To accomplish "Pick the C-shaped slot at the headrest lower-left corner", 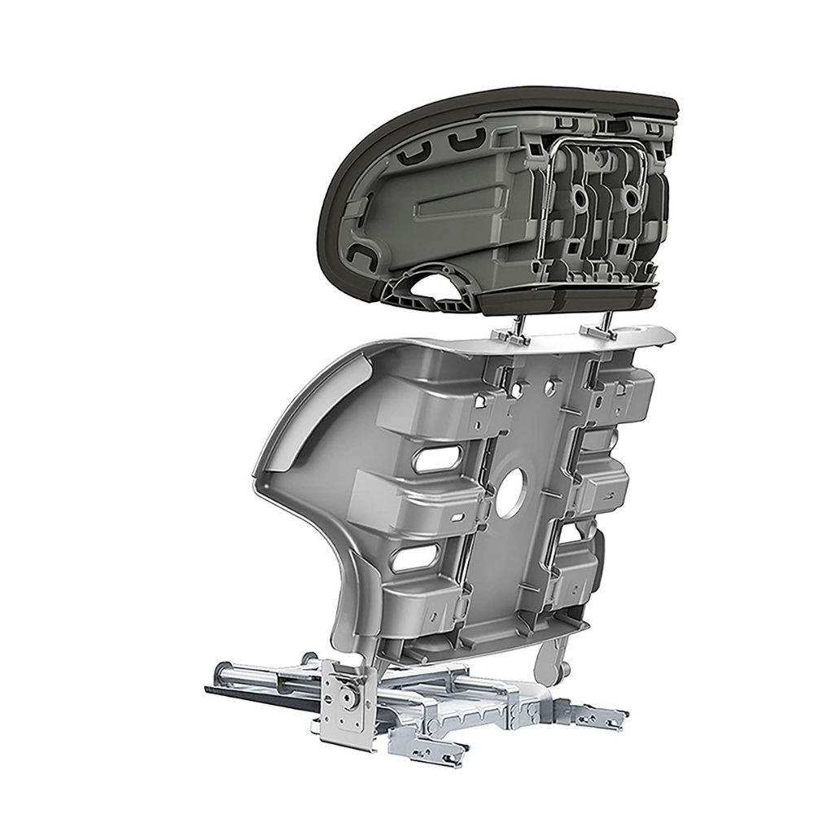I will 360,259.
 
